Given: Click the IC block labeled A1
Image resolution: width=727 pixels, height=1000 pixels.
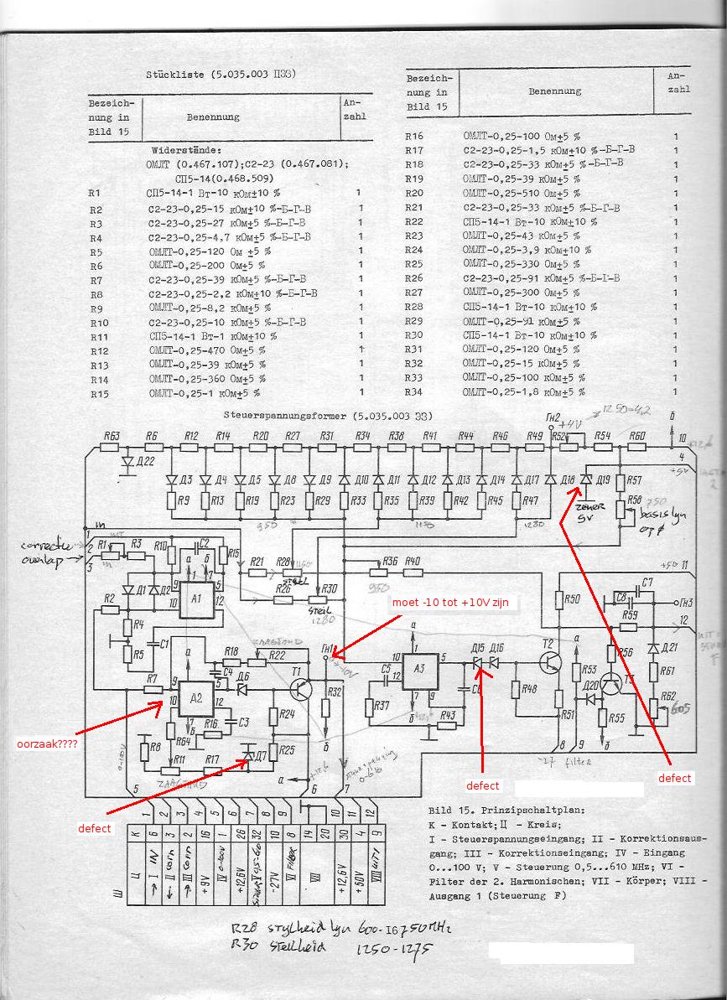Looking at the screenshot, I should [x=196, y=598].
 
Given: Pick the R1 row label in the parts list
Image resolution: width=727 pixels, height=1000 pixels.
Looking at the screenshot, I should [x=96, y=193].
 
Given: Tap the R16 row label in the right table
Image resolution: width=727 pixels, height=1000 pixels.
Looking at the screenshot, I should [x=414, y=135].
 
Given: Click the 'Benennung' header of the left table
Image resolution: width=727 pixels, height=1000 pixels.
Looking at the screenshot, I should [x=213, y=117].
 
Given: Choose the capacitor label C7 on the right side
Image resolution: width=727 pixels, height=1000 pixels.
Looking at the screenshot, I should [x=647, y=582].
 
